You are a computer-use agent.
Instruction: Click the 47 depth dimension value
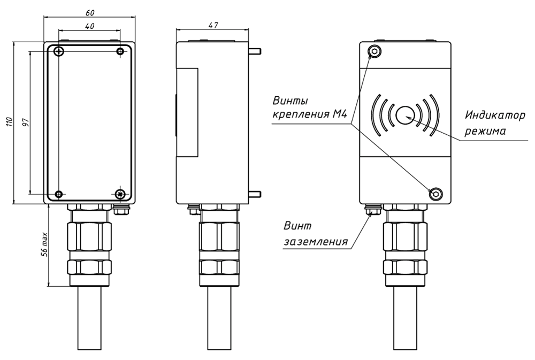pyautogui.click(x=213, y=25)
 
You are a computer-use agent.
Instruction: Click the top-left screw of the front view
pyautogui.click(x=59, y=51)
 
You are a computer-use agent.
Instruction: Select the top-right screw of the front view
pyautogui.click(x=121, y=51)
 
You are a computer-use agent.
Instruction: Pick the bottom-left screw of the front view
pyautogui.click(x=59, y=194)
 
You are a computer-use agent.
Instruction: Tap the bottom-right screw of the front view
pyautogui.click(x=121, y=194)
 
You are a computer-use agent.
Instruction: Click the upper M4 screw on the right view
pyautogui.click(x=375, y=51)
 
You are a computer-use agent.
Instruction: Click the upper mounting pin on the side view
pyautogui.click(x=255, y=51)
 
